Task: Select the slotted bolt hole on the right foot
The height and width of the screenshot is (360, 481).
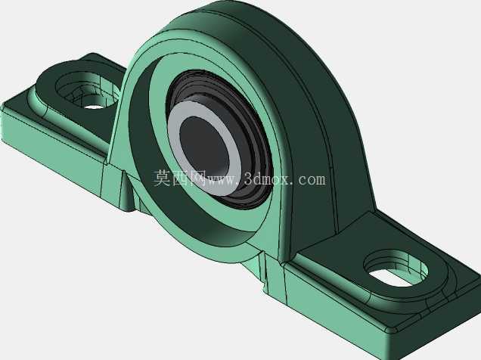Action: coord(395,269)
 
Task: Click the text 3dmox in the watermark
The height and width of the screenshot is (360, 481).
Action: coord(266,178)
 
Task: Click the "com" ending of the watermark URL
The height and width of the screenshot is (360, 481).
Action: coord(312,179)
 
